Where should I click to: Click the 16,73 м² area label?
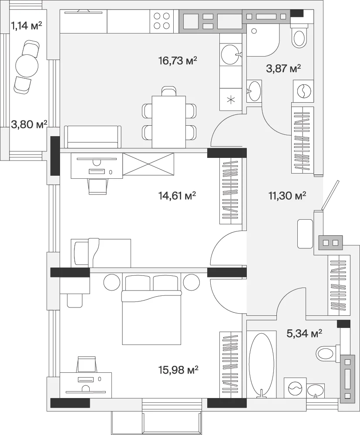click(178, 60)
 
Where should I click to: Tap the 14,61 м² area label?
click(177, 196)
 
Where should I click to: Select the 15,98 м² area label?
click(179, 369)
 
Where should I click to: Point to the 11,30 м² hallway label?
click(287, 196)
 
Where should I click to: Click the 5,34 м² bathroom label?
click(304, 333)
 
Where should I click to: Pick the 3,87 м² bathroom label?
click(283, 68)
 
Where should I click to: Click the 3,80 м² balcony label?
click(29, 124)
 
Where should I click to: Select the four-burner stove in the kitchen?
click(162, 21)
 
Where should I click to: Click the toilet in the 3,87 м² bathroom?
click(299, 36)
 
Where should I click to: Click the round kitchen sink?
click(230, 54)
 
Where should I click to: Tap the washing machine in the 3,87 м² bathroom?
click(304, 91)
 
